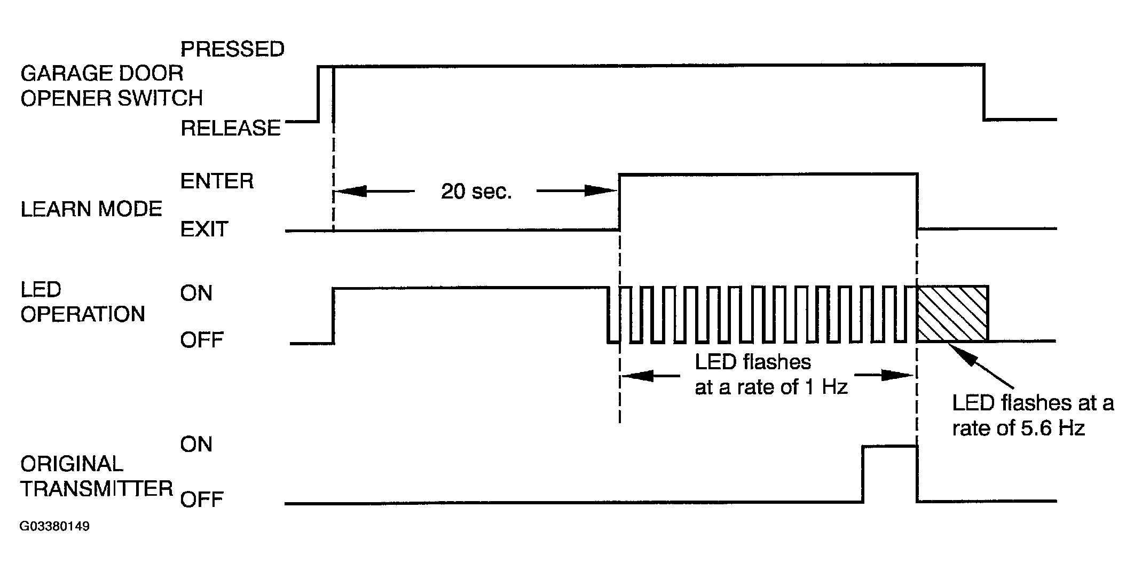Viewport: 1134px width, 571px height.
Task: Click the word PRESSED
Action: click(x=232, y=49)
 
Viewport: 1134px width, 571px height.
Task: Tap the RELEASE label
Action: click(x=231, y=128)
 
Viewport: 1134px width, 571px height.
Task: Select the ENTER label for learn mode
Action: click(x=217, y=181)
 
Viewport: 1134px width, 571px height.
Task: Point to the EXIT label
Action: click(x=204, y=229)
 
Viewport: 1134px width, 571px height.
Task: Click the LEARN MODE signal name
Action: click(x=91, y=209)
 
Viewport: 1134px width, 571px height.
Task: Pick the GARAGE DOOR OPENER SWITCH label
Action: click(x=112, y=85)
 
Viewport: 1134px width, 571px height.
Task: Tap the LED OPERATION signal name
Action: click(x=83, y=302)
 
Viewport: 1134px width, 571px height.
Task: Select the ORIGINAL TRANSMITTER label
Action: click(x=97, y=476)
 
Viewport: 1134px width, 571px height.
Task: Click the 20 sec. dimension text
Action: click(x=476, y=192)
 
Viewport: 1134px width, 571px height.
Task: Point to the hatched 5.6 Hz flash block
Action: click(x=952, y=313)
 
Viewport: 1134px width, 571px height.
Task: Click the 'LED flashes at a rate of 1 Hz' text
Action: click(x=771, y=374)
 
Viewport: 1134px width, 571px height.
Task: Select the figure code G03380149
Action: click(x=55, y=527)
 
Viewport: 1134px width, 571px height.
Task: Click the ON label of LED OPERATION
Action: click(x=196, y=293)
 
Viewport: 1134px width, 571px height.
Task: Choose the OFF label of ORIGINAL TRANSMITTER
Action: click(x=201, y=500)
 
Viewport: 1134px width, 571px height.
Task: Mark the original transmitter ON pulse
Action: click(x=890, y=446)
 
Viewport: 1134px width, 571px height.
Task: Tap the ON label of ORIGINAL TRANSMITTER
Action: click(x=196, y=444)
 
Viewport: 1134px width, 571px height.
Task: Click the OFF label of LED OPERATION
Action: click(x=201, y=340)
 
